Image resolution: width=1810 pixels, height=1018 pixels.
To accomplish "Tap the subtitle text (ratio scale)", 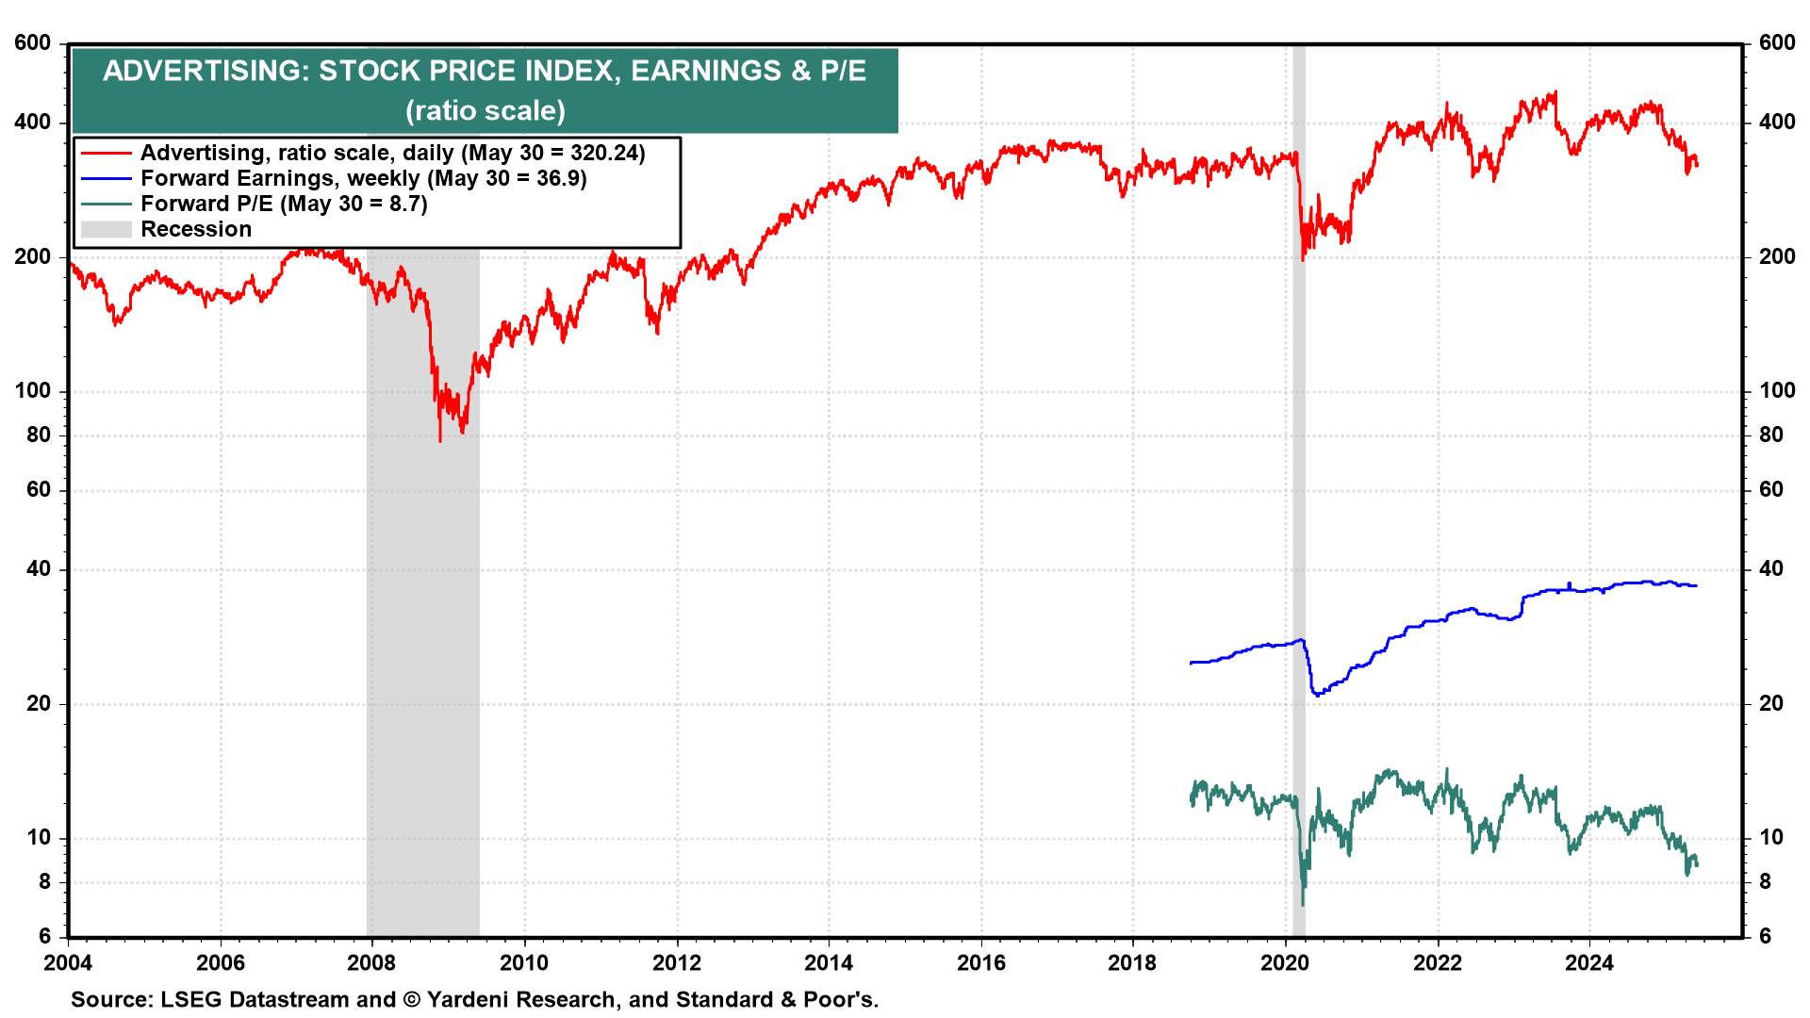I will pos(485,111).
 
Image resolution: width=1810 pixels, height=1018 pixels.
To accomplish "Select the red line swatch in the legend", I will pos(106,153).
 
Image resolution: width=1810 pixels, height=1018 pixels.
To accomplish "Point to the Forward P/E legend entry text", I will pos(284,204).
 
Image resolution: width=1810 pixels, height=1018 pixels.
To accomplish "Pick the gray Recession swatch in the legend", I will pos(106,229).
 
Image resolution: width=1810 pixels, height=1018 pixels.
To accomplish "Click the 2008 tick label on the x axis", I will pos(371,962).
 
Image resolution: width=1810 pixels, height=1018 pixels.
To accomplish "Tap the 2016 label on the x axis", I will pos(980,962).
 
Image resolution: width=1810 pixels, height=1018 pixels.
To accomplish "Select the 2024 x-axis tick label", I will pos(1589,962).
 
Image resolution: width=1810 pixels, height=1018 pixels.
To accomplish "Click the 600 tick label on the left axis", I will pos(33,43).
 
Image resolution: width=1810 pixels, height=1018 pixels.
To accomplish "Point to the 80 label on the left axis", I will pos(39,435).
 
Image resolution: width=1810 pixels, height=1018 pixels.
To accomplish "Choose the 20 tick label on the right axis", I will pos(1771,704).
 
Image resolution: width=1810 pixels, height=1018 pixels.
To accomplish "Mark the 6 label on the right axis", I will pos(1766,936).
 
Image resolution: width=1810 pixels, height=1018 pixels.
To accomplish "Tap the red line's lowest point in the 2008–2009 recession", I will pos(440,439).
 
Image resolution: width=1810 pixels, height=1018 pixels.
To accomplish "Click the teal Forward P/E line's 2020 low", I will pos(1303,904).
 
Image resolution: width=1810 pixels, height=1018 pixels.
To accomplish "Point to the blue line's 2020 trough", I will pos(1317,695).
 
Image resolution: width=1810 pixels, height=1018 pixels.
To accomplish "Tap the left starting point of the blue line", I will pos(1192,663).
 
